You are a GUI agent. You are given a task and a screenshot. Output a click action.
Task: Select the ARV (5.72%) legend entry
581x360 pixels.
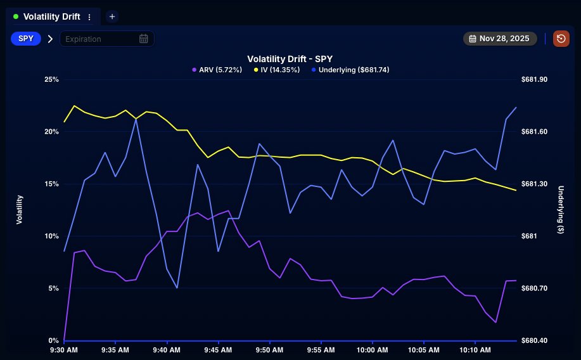click(x=217, y=70)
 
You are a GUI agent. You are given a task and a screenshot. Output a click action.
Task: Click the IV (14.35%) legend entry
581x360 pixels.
click(x=277, y=70)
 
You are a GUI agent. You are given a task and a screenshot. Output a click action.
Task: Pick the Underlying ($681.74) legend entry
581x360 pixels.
click(x=350, y=70)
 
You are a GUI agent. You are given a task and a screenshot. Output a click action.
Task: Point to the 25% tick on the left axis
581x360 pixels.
click(x=51, y=79)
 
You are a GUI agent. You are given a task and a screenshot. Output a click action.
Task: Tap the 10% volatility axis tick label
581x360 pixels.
click(x=51, y=236)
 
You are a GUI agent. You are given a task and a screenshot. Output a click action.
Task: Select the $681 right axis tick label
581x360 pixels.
click(x=529, y=236)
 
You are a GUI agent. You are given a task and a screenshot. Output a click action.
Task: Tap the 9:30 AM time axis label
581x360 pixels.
click(x=64, y=350)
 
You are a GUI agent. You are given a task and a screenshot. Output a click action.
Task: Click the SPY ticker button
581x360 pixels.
click(x=26, y=39)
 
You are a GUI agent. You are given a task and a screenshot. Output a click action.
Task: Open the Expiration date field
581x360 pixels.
click(x=101, y=39)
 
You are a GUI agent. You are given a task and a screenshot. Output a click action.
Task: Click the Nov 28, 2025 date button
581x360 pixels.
click(x=500, y=39)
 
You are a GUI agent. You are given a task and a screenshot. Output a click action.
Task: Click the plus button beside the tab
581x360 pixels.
click(x=112, y=16)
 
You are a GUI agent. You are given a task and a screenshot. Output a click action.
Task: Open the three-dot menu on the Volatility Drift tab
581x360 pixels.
click(x=89, y=17)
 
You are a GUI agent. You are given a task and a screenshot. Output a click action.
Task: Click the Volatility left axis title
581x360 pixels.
click(x=20, y=210)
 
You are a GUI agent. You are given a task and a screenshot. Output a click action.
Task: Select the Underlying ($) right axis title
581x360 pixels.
click(x=561, y=210)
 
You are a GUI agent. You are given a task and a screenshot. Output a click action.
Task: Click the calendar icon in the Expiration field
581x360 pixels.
click(x=144, y=39)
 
